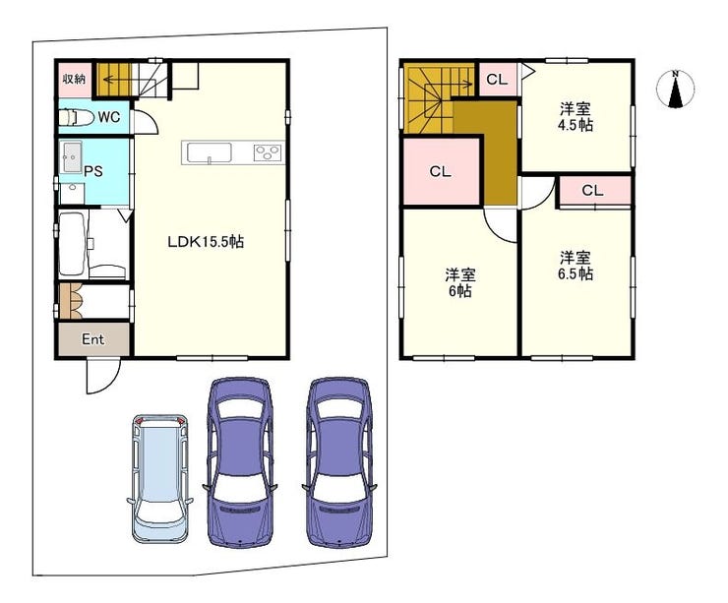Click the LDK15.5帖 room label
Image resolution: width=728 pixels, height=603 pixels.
click(206, 241)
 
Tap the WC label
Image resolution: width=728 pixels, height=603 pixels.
click(109, 117)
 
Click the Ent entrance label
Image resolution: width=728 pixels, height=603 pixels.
click(92, 339)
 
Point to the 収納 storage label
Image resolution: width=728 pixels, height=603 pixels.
click(75, 79)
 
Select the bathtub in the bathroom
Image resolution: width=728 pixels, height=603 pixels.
click(74, 243)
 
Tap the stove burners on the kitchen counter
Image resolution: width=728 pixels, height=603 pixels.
click(267, 151)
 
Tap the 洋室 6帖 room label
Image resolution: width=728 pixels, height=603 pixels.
click(459, 282)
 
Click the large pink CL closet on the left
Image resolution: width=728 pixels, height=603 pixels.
click(440, 172)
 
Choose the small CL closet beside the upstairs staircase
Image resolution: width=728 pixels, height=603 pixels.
click(497, 79)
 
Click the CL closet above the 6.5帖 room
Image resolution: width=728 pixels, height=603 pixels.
click(592, 191)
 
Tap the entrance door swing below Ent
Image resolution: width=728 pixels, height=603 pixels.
click(102, 377)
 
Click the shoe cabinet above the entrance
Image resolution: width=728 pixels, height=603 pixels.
click(71, 301)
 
